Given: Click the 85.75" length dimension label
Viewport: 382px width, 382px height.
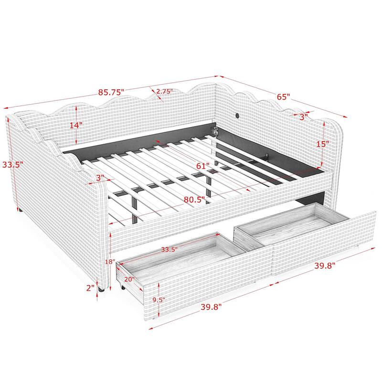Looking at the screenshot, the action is point(111,92).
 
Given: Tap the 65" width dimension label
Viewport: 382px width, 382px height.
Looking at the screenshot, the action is point(283,97).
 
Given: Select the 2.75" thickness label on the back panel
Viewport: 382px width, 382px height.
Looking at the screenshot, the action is point(164,91).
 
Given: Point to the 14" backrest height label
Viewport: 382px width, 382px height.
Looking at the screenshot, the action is point(76,126).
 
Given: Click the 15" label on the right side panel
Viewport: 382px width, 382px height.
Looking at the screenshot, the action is point(323,144).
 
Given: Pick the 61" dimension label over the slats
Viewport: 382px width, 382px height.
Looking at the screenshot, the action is point(202,166).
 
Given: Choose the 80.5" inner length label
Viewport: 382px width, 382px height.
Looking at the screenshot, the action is point(194,200).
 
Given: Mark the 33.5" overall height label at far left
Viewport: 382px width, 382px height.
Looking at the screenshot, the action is point(13,165).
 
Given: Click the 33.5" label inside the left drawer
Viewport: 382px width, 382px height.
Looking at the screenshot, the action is point(170,249).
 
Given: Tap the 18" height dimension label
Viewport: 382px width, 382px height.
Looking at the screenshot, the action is point(110,262).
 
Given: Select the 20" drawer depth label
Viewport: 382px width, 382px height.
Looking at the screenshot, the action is point(129,279).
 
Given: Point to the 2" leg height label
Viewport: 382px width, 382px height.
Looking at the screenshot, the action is point(90,288).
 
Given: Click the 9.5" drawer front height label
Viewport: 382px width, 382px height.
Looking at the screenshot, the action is point(159,300).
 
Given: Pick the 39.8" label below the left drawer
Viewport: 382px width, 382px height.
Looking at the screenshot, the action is point(211,307).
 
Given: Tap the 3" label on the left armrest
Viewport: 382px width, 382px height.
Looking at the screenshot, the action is point(100,178).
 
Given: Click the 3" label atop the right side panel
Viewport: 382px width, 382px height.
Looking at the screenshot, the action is point(304,117).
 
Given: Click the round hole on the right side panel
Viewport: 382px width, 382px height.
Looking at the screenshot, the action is point(238,115).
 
